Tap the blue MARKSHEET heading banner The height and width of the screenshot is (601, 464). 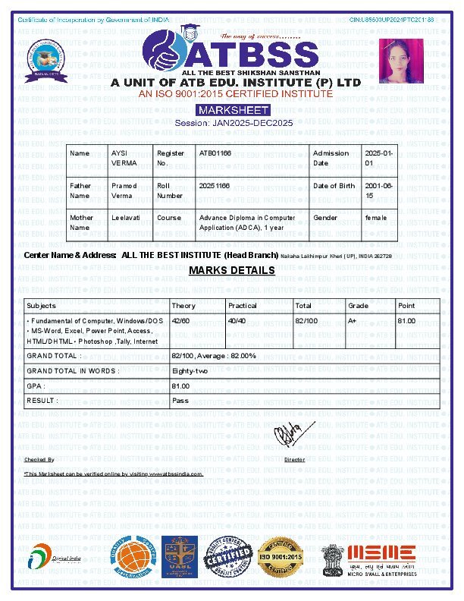(233, 110)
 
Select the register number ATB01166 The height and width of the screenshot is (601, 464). (215, 153)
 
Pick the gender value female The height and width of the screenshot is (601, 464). (375, 218)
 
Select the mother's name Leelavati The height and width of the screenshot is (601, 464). (125, 218)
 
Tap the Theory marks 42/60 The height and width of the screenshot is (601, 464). (180, 321)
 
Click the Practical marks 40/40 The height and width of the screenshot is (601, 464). (237, 321)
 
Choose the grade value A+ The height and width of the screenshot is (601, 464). (353, 321)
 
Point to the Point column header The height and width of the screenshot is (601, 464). (406, 306)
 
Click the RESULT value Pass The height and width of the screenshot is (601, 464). (180, 400)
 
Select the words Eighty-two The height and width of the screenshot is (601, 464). (190, 370)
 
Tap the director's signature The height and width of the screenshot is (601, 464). (288, 435)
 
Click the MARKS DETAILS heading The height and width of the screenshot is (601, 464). (232, 270)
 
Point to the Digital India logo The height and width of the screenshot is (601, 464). (53, 560)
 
